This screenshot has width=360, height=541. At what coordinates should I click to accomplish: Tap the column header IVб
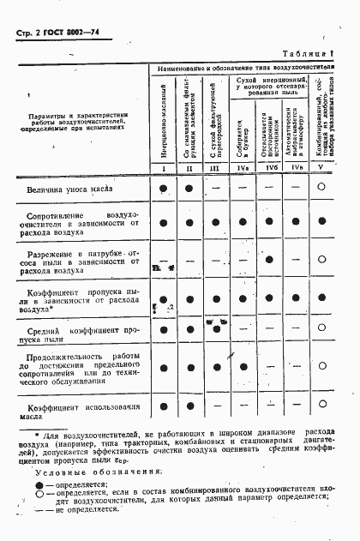click(270, 166)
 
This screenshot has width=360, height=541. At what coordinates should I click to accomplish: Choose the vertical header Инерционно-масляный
click(163, 120)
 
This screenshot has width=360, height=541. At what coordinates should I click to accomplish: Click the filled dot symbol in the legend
click(39, 485)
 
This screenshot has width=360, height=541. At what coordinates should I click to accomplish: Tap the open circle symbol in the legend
click(39, 496)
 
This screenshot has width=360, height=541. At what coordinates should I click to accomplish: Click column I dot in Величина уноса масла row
click(162, 187)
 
